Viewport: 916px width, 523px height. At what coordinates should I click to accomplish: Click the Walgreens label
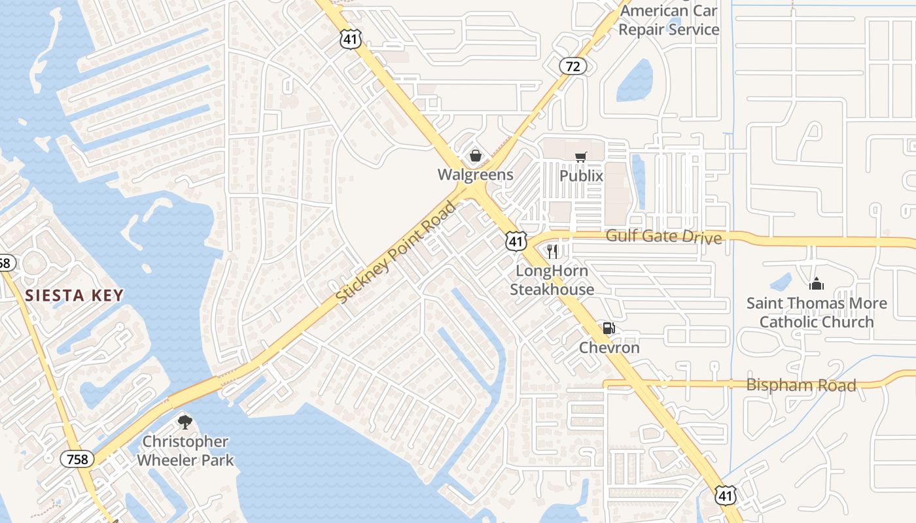tap(475, 175)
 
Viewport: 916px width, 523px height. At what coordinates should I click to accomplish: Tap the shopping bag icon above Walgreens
tap(476, 156)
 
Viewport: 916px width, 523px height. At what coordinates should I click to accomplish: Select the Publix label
tap(581, 176)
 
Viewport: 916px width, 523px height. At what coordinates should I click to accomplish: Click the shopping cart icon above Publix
tap(580, 157)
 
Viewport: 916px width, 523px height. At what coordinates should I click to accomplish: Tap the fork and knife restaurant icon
tap(553, 252)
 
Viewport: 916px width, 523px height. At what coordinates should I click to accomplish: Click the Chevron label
tap(609, 348)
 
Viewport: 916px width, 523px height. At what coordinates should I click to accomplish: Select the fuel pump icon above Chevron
tap(608, 328)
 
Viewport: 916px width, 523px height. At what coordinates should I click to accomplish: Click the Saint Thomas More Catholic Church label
tap(817, 312)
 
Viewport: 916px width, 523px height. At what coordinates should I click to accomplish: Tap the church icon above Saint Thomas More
tap(816, 284)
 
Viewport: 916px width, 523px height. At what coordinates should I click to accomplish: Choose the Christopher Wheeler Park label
tap(185, 451)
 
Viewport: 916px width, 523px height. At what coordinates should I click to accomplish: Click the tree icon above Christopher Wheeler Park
tap(185, 422)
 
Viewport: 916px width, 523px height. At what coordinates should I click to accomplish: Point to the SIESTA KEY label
tap(75, 295)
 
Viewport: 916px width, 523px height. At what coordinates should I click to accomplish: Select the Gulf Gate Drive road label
tap(663, 236)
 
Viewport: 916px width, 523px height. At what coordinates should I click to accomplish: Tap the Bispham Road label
tap(801, 384)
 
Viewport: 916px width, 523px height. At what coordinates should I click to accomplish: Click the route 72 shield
tap(572, 66)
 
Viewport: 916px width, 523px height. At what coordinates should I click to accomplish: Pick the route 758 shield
tap(78, 460)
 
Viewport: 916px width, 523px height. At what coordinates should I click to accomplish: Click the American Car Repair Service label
tap(669, 20)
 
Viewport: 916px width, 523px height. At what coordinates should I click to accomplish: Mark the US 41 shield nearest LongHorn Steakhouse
tap(516, 241)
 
